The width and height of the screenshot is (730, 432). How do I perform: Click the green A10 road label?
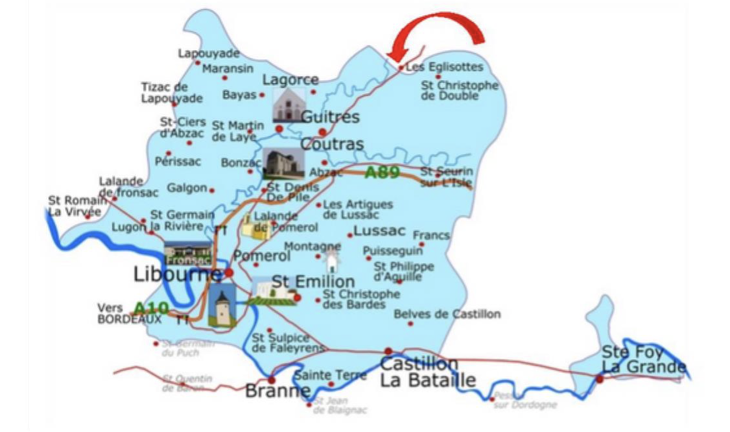click(151, 307)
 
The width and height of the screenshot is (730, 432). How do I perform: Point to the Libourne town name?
click(176, 274)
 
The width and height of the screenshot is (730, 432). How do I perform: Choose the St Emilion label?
click(313, 282)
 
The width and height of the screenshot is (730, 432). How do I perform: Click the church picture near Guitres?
click(288, 105)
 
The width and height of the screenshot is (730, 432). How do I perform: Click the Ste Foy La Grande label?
click(643, 359)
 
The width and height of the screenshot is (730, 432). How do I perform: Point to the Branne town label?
click(277, 391)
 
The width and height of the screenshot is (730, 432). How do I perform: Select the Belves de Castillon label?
click(447, 314)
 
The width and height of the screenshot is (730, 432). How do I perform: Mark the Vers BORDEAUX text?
click(120, 313)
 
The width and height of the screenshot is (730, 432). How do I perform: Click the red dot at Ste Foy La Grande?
click(600, 378)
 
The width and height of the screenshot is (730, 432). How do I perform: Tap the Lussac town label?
click(379, 231)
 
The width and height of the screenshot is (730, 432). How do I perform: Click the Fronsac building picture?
click(187, 253)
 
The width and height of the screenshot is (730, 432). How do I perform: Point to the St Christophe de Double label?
click(460, 90)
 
